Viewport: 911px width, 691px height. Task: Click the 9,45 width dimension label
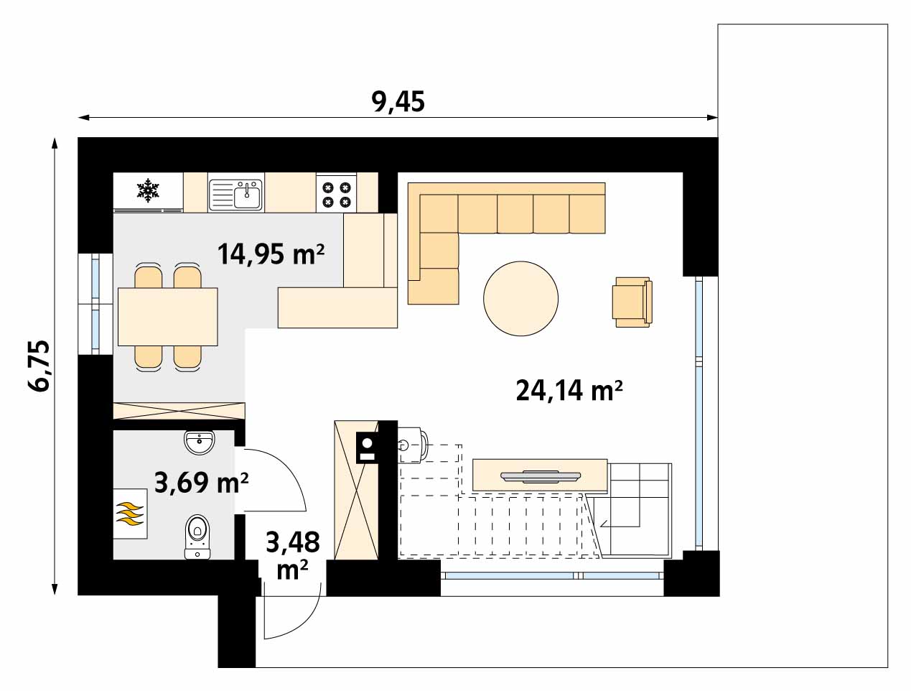pos(398,102)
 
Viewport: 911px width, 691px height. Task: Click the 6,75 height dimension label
pos(39,366)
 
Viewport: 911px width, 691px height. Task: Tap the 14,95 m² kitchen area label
pos(271,254)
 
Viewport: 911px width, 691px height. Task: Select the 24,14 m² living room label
pos(569,391)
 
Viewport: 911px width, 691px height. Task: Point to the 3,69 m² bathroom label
pos(201,483)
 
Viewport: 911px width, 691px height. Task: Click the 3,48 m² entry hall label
pos(293,555)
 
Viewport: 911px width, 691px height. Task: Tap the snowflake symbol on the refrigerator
pos(148,190)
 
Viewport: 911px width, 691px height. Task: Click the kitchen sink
pos(235,195)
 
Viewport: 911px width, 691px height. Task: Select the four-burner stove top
pos(337,195)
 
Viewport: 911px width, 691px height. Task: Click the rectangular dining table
pos(168,317)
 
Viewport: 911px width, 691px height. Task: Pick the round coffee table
pos(520,299)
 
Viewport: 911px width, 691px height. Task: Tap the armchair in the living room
pos(632,302)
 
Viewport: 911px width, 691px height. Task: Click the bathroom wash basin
pos(200,443)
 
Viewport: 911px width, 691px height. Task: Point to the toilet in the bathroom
pos(197,537)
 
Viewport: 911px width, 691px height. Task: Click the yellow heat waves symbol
pos(130,514)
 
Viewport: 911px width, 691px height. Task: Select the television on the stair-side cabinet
pos(540,476)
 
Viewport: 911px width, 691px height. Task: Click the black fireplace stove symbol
pos(367,447)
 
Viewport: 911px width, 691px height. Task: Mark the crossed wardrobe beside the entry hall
pos(356,490)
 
